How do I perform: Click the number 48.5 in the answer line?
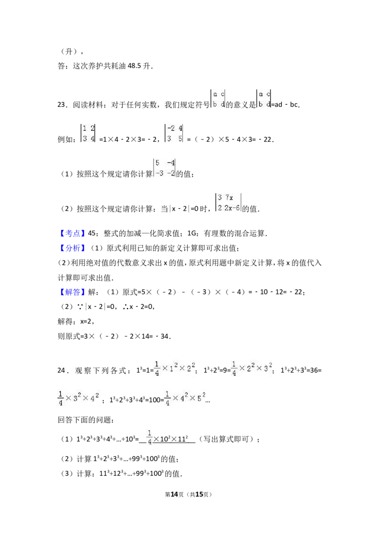(x=134, y=66)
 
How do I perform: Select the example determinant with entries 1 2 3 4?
(x=88, y=134)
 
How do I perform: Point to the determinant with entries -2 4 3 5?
(x=174, y=134)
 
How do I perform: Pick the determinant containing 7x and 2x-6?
(x=228, y=203)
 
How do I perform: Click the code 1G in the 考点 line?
(x=192, y=233)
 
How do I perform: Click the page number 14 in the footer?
(x=174, y=494)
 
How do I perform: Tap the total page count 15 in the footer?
(x=199, y=494)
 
